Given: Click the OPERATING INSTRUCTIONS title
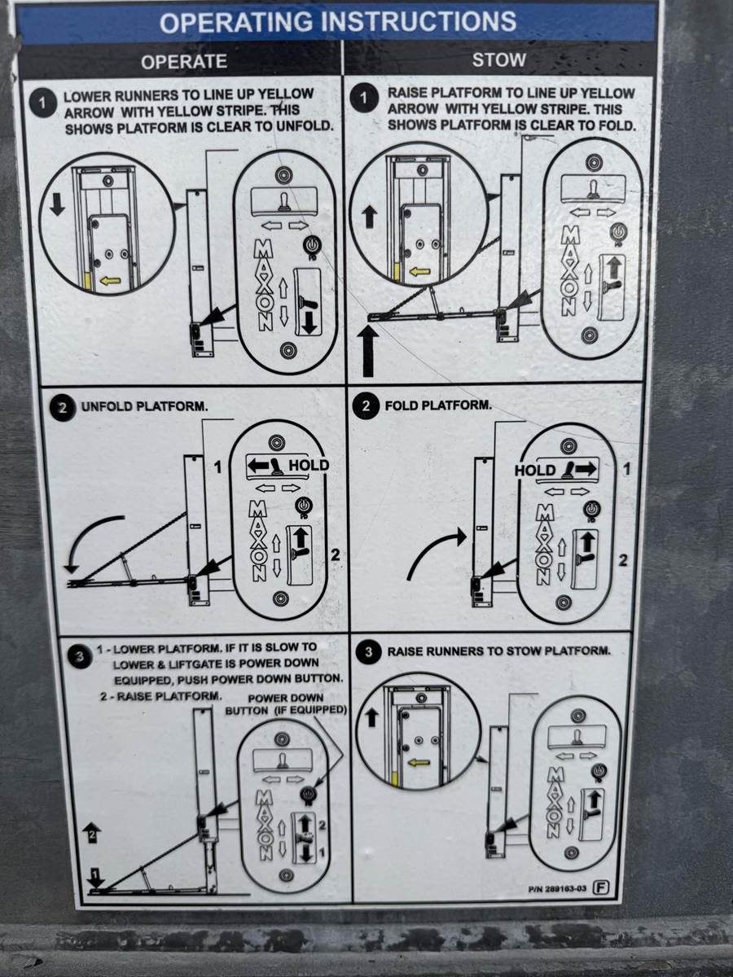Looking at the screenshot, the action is pos(338,22).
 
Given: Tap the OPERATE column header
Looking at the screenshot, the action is pos(184,61).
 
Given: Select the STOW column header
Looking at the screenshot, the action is pos(499,59).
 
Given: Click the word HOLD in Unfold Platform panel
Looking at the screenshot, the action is pos(309,465).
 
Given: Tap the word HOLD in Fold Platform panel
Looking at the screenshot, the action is pos(535,470).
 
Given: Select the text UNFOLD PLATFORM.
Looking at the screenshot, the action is pos(144,406).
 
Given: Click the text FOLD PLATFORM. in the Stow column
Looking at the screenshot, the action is pos(438,405).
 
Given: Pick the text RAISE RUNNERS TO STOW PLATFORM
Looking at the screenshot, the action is pos(499,651).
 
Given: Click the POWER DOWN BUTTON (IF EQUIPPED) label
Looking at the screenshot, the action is pos(286,704).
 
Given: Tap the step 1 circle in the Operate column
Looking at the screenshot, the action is pos(42,103).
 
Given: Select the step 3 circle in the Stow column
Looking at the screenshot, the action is pos(368,652).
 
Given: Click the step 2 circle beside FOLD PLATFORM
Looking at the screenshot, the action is pos(366,406).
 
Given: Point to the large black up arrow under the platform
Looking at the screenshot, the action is pos(368,352).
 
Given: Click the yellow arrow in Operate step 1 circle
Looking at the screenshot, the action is pos(111,280).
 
